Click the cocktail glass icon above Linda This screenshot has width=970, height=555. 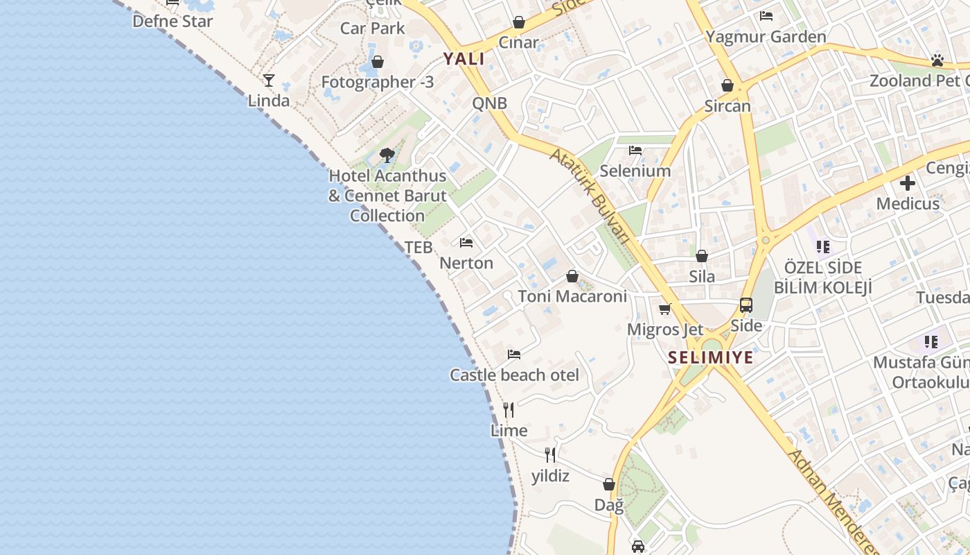[269, 80]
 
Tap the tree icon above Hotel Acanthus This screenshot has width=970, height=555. [387, 155]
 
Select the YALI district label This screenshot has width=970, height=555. [464, 59]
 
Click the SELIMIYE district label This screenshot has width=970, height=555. [710, 358]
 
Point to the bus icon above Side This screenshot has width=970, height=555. [746, 305]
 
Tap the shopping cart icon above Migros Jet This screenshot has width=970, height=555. [665, 309]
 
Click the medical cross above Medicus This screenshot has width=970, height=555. [908, 184]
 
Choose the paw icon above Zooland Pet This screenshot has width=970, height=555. [937, 60]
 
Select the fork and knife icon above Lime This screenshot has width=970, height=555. [509, 410]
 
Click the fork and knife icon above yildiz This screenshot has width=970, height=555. [550, 455]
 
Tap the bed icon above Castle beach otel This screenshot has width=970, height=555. [514, 355]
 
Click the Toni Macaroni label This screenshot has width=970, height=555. [572, 296]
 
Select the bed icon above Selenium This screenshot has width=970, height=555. [635, 151]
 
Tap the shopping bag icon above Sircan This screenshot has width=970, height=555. [727, 86]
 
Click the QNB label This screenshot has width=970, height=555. [490, 103]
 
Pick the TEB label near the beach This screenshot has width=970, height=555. [418, 247]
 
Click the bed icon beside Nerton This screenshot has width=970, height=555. [466, 243]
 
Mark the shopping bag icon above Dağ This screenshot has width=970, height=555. [609, 484]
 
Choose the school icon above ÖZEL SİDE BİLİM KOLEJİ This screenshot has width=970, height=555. [823, 246]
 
